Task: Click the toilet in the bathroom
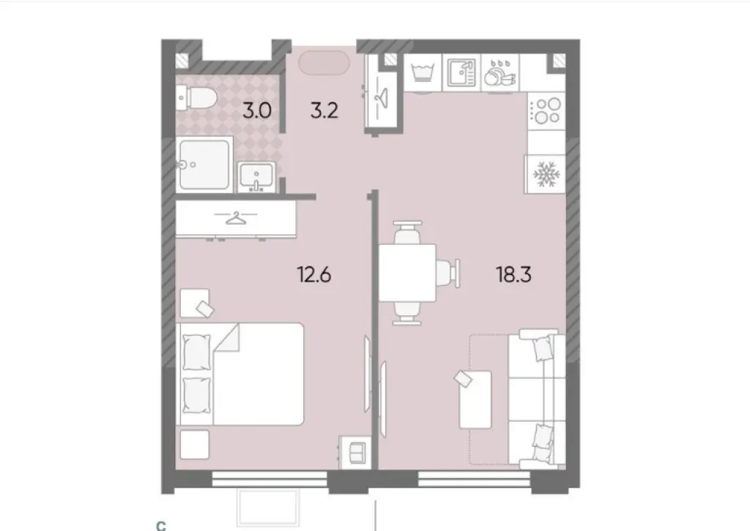196,98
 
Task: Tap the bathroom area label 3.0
257,110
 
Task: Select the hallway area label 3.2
324,110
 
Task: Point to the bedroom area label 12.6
313,274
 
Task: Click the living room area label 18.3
513,274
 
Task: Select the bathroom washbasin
256,176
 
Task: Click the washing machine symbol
423,72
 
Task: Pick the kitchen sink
461,72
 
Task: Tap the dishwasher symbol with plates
500,74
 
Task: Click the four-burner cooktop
546,110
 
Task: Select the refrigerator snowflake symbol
546,174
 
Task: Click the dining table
407,273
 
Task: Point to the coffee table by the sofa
475,399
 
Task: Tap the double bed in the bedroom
240,374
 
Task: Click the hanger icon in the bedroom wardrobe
235,218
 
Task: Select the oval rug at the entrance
324,63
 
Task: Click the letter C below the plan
161,526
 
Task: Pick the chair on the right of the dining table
449,273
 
